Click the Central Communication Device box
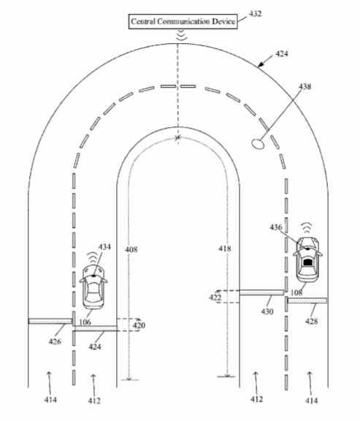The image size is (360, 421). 183,21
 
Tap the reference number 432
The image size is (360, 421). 255,13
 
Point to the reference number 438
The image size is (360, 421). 305,86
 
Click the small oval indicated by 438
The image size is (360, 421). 258,144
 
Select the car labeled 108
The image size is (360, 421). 307,259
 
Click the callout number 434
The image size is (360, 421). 104,247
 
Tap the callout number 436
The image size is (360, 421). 276,227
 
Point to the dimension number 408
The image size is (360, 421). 131,249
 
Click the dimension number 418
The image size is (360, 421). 224,249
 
